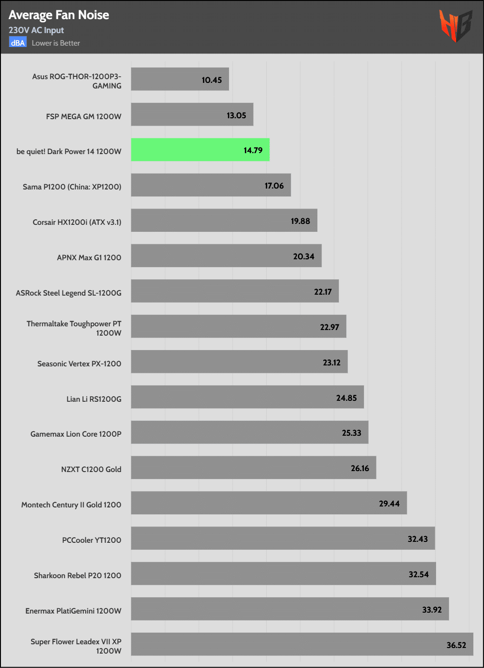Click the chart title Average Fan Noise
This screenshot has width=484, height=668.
click(59, 15)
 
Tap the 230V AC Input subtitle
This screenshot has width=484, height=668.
click(36, 30)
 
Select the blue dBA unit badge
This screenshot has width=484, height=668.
click(18, 43)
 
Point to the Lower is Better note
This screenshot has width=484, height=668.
click(56, 43)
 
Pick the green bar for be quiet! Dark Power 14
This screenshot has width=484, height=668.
click(200, 150)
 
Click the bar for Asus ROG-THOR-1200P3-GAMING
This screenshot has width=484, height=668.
click(180, 79)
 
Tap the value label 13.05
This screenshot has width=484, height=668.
click(236, 115)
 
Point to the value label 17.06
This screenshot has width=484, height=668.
click(274, 186)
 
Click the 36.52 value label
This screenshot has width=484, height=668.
click(456, 645)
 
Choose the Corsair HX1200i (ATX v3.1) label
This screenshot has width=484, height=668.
click(77, 222)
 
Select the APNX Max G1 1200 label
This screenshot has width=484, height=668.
click(89, 257)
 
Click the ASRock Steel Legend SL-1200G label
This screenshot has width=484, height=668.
click(68, 293)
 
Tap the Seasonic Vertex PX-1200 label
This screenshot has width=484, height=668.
click(79, 364)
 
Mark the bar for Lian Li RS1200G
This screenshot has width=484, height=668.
click(247, 397)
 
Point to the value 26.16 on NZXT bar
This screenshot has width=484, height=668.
click(360, 468)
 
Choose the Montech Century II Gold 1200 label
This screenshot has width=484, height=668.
click(71, 505)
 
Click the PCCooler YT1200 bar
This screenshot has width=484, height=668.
click(283, 538)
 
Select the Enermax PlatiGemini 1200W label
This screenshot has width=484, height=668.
click(73, 611)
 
